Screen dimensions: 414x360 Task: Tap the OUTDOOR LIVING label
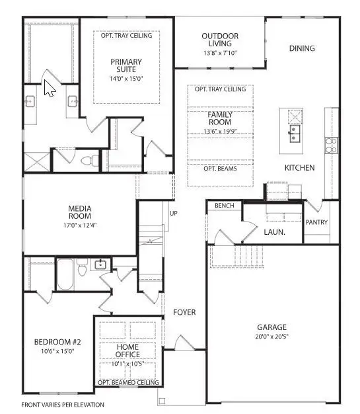[220, 40]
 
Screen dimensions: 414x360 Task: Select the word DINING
[302, 48]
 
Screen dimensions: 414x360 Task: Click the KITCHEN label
[299, 168]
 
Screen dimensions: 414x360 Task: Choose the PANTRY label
[316, 222]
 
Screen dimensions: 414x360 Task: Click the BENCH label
[224, 206]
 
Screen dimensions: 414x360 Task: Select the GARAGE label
[271, 327]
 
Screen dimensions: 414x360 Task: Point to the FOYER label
[184, 312]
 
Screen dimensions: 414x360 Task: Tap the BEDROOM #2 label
[57, 342]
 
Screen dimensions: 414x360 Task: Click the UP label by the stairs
[174, 214]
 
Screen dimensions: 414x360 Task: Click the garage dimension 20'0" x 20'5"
[271, 337]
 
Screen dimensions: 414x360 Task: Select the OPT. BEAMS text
[220, 168]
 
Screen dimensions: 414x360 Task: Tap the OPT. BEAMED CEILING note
[128, 383]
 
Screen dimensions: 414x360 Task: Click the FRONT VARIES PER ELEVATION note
[62, 403]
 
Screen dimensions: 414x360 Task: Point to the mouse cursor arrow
[48, 88]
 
